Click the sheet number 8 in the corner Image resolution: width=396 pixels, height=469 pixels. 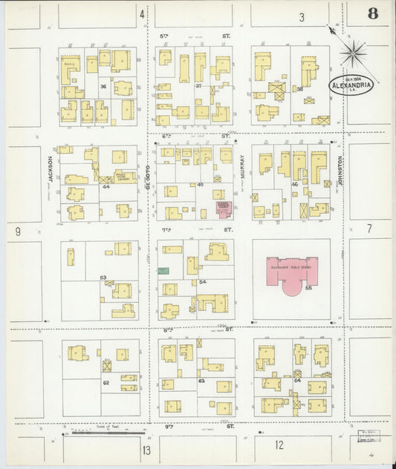click(371, 14)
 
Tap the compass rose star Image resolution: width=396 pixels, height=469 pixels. click(353, 53)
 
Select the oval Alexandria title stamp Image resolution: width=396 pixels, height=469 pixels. click(351, 84)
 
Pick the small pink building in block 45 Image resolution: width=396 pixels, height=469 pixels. click(223, 208)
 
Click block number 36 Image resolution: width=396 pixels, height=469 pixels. click(105, 86)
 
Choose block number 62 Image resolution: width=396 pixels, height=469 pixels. click(106, 381)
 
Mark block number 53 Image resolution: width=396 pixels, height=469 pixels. click(103, 277)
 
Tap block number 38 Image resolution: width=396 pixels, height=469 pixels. click(299, 89)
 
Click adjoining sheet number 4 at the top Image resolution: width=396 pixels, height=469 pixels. click(141, 14)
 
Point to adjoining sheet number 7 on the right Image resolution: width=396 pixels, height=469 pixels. click(369, 229)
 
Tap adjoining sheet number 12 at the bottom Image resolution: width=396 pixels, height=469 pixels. click(279, 445)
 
